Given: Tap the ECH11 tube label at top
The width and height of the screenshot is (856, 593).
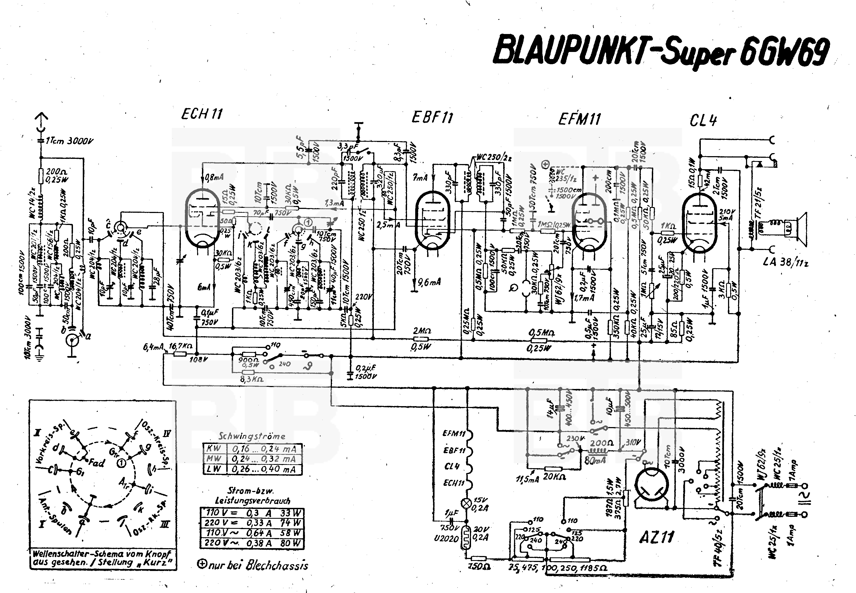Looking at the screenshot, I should (202, 114).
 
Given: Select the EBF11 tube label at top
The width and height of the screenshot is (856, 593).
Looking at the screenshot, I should (432, 118).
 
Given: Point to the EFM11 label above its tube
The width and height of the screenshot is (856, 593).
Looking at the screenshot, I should (580, 119).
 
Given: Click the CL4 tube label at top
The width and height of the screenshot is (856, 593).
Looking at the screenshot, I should (703, 120).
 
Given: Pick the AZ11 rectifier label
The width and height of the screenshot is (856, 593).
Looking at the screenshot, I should (656, 537).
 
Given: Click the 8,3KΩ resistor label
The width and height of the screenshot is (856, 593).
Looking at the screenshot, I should (252, 379).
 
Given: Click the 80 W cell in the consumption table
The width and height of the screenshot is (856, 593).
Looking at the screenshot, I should (291, 543).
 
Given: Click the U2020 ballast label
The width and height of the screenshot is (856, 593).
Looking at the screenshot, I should (446, 538).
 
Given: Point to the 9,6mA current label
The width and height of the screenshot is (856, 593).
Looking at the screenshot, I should (429, 282).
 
